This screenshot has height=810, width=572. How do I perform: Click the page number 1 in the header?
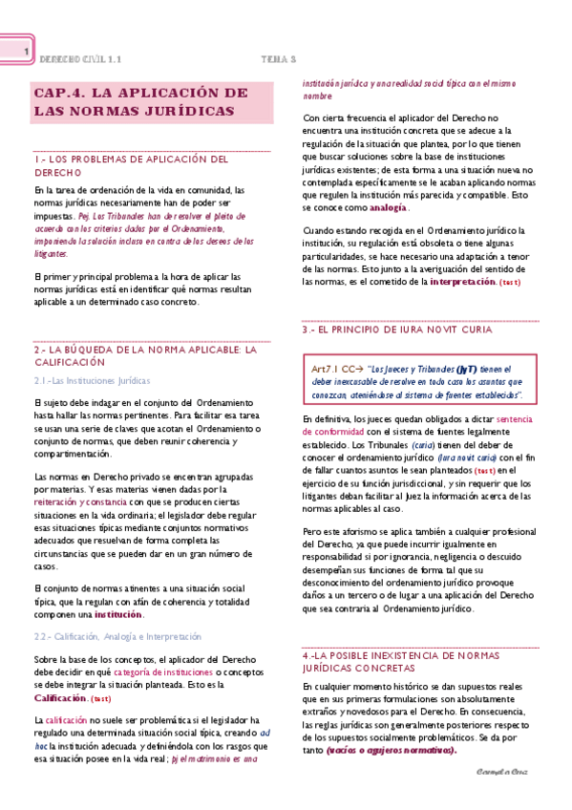[28, 52]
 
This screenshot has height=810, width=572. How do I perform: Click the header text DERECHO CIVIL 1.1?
[80, 58]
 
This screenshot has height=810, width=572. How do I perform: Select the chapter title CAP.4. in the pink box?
[59, 94]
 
